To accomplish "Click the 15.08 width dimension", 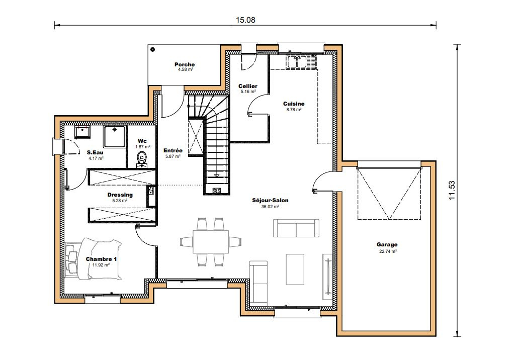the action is pyautogui.click(x=245, y=20).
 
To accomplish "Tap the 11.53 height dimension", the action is pyautogui.click(x=452, y=190).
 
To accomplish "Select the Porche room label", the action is pyautogui.click(x=185, y=64).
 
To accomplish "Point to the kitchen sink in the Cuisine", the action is pyautogui.click(x=301, y=62).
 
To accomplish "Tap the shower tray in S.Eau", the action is pyautogui.click(x=114, y=136).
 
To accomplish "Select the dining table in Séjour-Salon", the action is pyautogui.click(x=211, y=241).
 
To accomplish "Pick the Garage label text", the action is pyautogui.click(x=387, y=245).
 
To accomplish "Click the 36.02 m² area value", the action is pyautogui.click(x=270, y=207).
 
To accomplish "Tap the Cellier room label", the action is pyautogui.click(x=248, y=86).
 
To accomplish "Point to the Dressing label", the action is pyautogui.click(x=120, y=195).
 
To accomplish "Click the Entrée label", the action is pyautogui.click(x=173, y=150).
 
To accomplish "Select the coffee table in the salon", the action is pyautogui.click(x=295, y=269).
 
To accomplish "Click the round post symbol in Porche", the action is pyautogui.click(x=152, y=49).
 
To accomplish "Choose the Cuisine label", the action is pyautogui.click(x=294, y=104).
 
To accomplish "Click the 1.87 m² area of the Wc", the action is pyautogui.click(x=142, y=147).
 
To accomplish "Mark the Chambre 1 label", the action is pyautogui.click(x=102, y=259).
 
